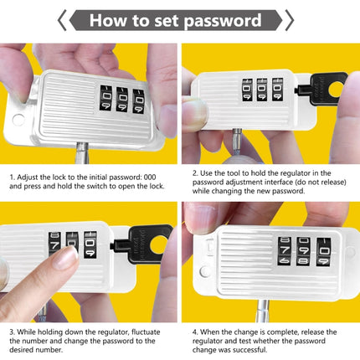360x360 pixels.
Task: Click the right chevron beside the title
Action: point(289,20)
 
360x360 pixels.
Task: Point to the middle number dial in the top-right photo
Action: point(261,91)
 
